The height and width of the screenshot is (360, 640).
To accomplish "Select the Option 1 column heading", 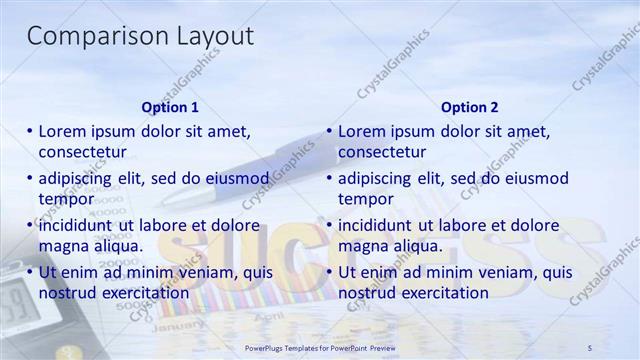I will tap(170, 107).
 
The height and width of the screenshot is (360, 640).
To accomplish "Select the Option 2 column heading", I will tap(469, 107).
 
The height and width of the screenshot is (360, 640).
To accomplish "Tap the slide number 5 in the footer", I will tap(590, 346).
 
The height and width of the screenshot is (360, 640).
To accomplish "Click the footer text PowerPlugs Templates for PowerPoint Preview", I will tap(320, 346).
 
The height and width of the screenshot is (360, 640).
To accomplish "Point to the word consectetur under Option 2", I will tap(382, 152).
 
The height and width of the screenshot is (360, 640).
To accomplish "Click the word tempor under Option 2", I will tap(365, 199).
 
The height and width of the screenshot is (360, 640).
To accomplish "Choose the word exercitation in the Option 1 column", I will tap(139, 293).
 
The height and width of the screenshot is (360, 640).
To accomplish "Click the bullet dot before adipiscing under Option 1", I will tap(30, 178).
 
